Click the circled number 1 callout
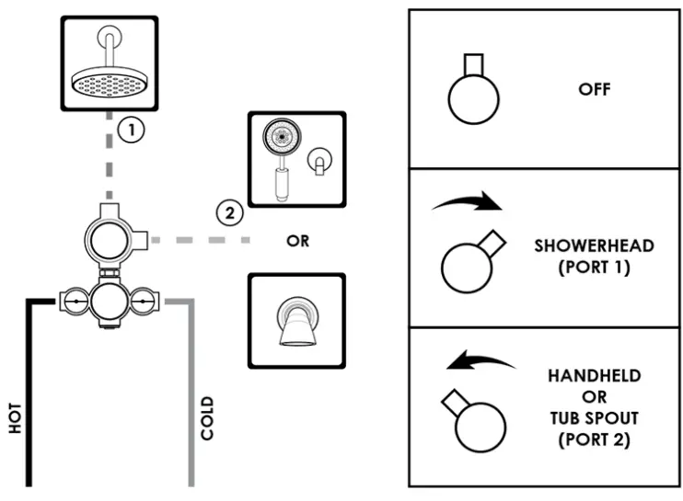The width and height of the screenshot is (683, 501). pos(132,130)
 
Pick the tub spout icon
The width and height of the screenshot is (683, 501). pos(295,321)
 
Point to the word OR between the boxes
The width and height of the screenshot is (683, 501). pos(296,242)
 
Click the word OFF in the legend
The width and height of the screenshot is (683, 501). pos(595,90)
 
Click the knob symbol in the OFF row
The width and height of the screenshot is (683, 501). pos(473,93)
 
